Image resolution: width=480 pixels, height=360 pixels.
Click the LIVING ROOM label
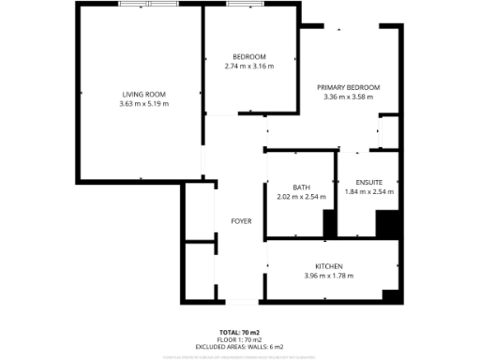[142, 94]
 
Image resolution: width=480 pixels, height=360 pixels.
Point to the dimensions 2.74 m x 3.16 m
[248, 67]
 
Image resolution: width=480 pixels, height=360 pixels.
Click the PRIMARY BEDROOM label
[348, 87]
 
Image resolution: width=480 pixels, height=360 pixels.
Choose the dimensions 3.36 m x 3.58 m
[348, 97]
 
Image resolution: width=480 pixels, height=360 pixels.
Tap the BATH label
[301, 187]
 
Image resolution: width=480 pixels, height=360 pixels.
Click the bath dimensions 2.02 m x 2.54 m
[301, 197]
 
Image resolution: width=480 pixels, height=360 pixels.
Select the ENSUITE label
[368, 182]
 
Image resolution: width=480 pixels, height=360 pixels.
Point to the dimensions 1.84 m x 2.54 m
[368, 191]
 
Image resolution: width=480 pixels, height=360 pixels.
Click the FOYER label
[241, 221]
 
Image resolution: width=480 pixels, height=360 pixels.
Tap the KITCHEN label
[328, 266]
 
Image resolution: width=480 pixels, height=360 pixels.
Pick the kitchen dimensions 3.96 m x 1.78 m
[328, 276]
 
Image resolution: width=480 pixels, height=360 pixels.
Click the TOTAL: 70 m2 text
[240, 333]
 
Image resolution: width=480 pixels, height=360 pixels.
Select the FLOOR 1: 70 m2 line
[240, 339]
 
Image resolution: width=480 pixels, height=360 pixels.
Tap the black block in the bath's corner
[329, 223]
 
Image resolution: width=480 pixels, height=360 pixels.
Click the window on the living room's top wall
[149, 4]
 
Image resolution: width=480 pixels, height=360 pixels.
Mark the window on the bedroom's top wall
[246, 4]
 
